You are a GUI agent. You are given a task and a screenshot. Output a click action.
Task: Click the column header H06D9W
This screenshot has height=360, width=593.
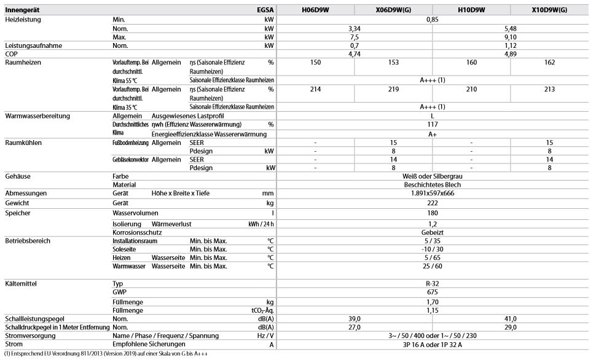316,10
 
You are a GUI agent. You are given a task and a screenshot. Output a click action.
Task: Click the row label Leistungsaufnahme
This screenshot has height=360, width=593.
33,45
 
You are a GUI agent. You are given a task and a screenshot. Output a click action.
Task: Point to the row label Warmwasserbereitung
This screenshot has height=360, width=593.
37,116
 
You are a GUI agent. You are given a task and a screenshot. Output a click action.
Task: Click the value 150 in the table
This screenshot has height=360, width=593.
316,63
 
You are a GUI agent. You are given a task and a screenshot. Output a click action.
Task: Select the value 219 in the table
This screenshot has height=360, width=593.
393,89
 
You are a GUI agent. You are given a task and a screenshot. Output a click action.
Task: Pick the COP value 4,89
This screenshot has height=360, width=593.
510,54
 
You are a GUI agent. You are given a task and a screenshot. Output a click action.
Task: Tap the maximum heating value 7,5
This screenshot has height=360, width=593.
354,37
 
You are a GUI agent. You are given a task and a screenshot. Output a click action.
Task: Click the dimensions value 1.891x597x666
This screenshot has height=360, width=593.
432,194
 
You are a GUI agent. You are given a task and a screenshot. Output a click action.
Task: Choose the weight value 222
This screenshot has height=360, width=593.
432,203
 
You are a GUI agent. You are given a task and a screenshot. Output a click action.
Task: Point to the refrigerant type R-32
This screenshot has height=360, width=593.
432,284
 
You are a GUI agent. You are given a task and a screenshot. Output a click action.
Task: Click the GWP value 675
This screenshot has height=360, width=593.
432,293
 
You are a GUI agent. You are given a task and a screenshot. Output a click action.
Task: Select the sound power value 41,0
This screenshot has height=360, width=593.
510,319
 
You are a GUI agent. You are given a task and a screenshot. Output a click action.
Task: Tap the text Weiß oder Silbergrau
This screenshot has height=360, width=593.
432,176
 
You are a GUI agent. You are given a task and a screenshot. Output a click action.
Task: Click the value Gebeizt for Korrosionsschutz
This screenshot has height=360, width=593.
432,232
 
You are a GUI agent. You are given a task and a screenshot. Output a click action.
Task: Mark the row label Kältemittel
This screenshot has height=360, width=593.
23,284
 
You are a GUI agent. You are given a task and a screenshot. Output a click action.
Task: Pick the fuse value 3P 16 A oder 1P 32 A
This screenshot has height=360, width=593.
432,345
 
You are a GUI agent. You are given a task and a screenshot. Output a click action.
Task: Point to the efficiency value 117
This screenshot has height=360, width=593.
432,124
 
